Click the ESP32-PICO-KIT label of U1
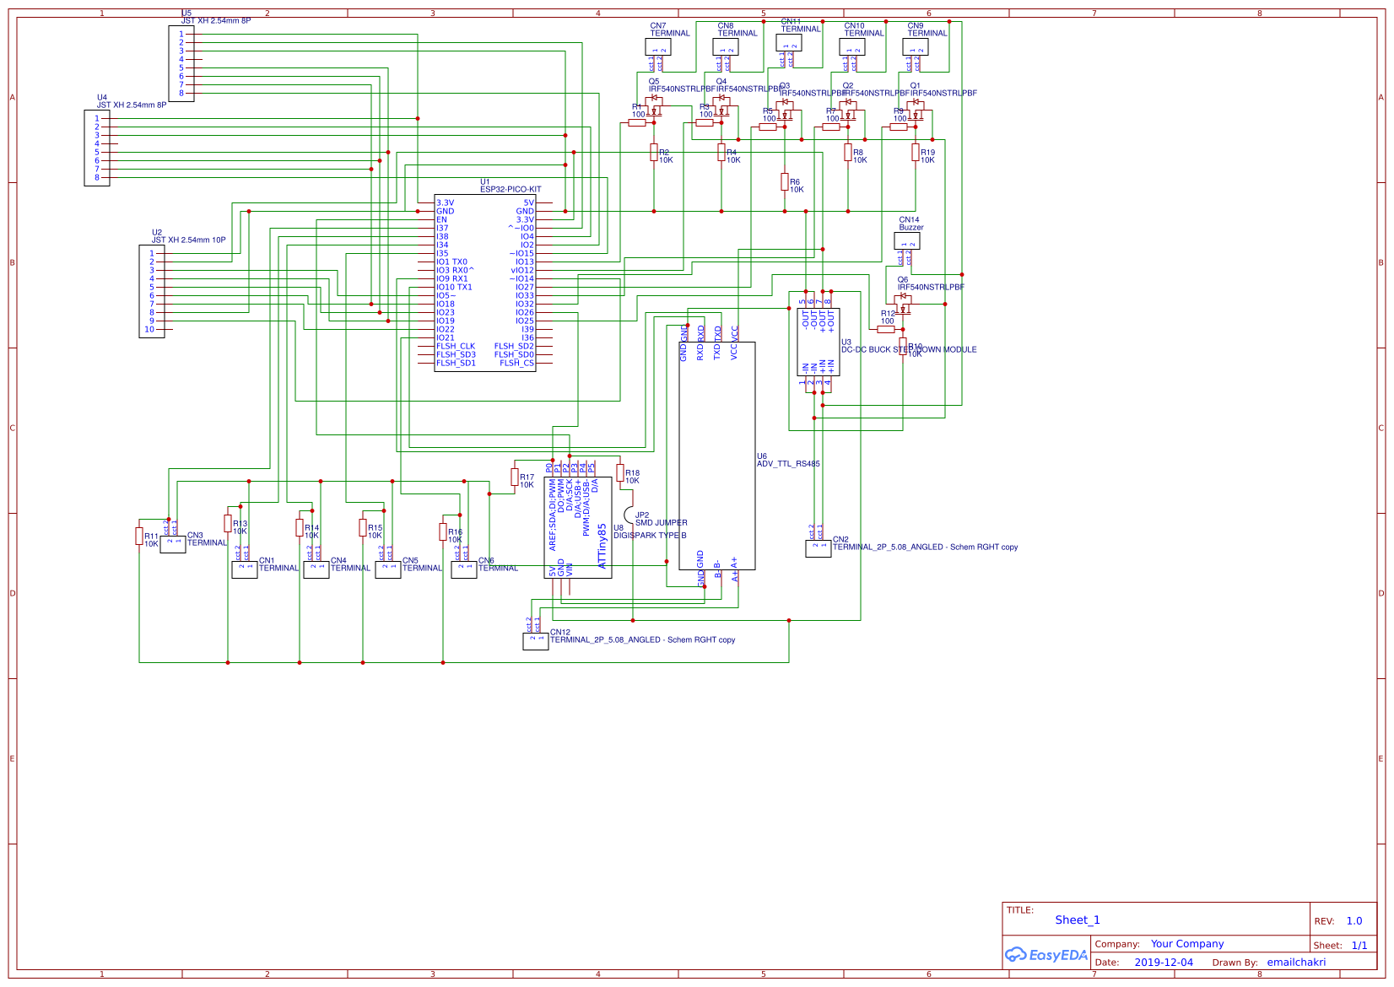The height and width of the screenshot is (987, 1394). (x=511, y=190)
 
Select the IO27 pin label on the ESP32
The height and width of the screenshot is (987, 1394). (x=524, y=287)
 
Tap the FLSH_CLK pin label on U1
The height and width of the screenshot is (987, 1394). (x=455, y=346)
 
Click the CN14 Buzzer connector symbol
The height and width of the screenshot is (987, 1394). (x=907, y=241)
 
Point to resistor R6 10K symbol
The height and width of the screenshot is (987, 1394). (x=785, y=181)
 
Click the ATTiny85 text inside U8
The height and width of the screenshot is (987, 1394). (x=602, y=546)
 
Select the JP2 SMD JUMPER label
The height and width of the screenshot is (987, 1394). (x=661, y=522)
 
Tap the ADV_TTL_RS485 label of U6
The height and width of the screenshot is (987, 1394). (x=787, y=464)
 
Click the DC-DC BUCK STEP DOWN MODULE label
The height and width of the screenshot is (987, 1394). (x=909, y=349)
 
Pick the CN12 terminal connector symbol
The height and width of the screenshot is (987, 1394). (x=535, y=641)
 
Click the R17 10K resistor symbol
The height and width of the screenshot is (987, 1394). (x=515, y=477)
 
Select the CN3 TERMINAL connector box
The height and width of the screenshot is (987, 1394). (x=173, y=544)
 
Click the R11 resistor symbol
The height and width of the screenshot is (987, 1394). (x=139, y=536)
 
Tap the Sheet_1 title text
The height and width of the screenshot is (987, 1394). (x=1077, y=920)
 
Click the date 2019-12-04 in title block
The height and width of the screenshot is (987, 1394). (x=1163, y=963)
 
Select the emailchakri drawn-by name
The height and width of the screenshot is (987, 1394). (x=1295, y=963)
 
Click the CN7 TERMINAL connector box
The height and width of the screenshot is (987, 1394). (x=657, y=46)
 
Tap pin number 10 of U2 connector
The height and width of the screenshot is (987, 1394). (x=149, y=329)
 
